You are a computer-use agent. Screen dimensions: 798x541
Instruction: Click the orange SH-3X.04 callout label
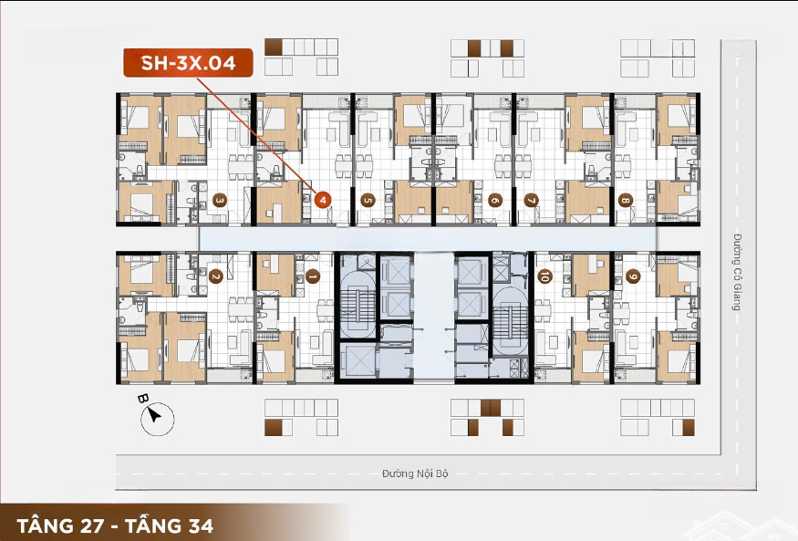point(188,63)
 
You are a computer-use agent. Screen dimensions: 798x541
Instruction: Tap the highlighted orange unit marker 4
point(323,200)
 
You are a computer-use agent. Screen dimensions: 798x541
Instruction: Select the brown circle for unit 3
point(220,200)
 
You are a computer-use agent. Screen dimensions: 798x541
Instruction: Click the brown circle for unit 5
point(368,200)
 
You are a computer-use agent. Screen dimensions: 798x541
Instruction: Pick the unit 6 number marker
point(494,200)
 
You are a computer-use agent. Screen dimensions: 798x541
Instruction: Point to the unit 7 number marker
point(532,200)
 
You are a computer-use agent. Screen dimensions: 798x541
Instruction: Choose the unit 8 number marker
point(626,200)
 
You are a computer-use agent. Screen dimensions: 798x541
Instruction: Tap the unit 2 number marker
point(216,276)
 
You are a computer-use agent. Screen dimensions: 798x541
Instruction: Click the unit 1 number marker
point(312,276)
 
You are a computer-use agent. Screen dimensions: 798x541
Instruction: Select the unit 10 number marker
point(544,276)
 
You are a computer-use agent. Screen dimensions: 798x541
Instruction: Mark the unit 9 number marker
point(633,276)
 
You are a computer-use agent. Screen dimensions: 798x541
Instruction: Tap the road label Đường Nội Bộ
point(415,473)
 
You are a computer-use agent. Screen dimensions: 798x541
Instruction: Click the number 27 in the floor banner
point(89,525)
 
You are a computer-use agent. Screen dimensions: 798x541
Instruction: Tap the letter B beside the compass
point(143,399)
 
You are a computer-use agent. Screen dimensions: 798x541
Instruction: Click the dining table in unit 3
point(240,167)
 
